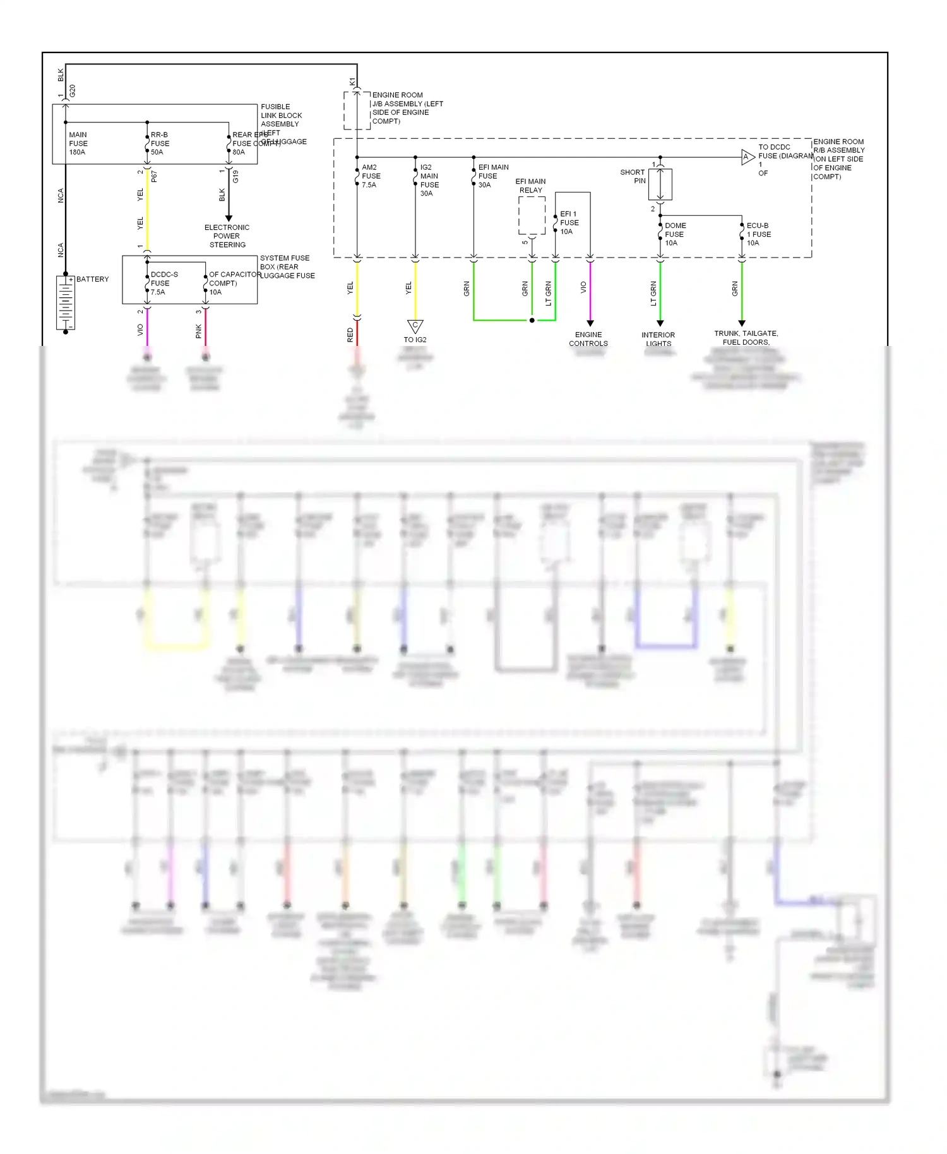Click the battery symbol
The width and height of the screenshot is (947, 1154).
66,302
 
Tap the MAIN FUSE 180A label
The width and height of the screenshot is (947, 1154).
78,143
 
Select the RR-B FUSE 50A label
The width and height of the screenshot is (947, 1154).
160,143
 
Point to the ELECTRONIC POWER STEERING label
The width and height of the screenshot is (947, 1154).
227,236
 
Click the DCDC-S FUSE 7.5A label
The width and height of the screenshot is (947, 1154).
164,283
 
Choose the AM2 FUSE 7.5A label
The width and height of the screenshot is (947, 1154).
371,176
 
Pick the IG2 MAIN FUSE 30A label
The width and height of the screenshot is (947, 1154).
429,181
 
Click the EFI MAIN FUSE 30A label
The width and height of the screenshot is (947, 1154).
492,176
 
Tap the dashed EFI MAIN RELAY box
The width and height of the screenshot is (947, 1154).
532,215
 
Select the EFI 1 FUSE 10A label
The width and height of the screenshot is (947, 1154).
569,223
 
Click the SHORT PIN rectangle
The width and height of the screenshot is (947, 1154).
660,184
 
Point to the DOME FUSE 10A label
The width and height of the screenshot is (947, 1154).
675,234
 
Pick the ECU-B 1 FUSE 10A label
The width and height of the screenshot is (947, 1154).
758,234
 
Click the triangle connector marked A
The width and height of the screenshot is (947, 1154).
747,157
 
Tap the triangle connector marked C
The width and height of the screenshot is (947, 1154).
415,326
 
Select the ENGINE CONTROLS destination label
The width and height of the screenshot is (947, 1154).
588,339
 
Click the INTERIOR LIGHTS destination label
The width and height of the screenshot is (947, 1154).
658,339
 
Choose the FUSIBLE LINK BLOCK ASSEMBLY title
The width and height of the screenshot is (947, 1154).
282,116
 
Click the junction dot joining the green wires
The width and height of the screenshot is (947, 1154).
532,321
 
